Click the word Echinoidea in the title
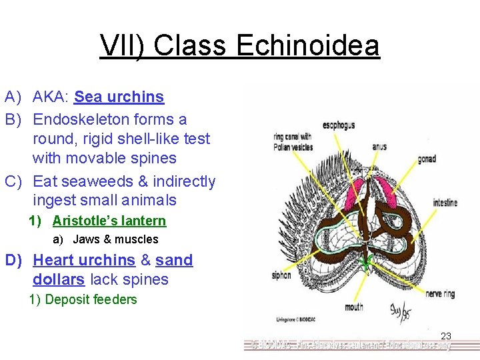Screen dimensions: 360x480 pyautogui.click(x=307, y=46)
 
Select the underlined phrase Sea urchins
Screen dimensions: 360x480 pyautogui.click(x=119, y=97)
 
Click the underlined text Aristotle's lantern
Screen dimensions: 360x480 pyautogui.click(x=109, y=221)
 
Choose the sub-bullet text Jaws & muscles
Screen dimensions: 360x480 pyautogui.click(x=115, y=239)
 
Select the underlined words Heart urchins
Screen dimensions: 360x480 pyautogui.click(x=84, y=260)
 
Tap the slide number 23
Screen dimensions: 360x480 pyautogui.click(x=446, y=337)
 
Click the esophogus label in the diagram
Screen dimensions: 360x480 pyautogui.click(x=338, y=125)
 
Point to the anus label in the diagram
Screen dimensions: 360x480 pyautogui.click(x=379, y=147)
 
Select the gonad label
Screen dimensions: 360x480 pyautogui.click(x=427, y=159)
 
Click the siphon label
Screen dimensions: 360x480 pyautogui.click(x=281, y=275)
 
